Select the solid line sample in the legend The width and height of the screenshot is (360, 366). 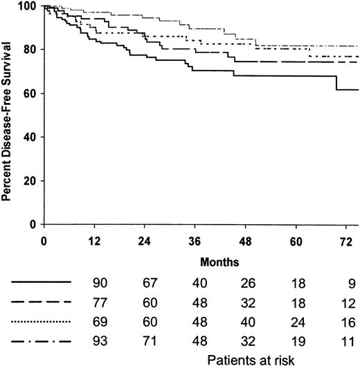(41, 283)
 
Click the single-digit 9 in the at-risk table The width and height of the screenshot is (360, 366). (350, 283)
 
